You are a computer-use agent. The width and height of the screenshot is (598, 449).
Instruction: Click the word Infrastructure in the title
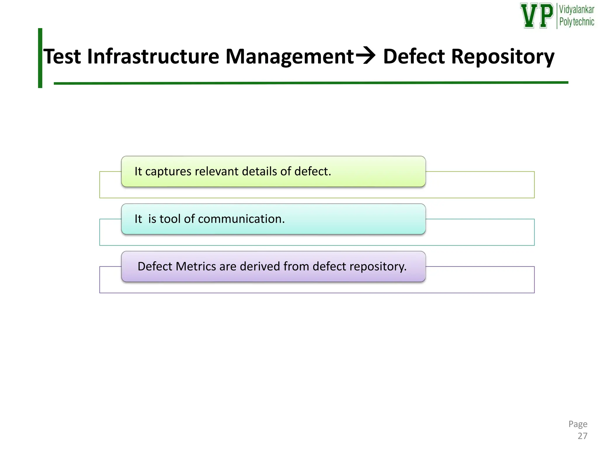(x=153, y=56)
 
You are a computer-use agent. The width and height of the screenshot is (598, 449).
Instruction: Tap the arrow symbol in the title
(x=366, y=56)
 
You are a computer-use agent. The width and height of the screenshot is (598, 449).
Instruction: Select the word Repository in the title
(x=502, y=57)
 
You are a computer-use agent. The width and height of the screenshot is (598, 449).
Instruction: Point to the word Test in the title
(x=62, y=56)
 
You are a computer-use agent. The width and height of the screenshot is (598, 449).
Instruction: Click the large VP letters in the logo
(x=537, y=16)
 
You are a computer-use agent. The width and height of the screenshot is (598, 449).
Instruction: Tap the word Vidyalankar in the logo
(x=576, y=10)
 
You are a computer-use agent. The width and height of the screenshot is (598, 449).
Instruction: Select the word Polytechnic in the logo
(x=576, y=22)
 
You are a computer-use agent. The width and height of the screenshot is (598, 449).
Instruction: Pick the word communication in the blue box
(x=241, y=219)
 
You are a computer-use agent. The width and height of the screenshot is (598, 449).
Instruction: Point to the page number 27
(x=582, y=436)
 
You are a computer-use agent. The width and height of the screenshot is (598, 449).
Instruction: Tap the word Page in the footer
(x=578, y=424)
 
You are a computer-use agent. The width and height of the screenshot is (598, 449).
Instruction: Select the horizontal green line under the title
(x=310, y=83)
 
